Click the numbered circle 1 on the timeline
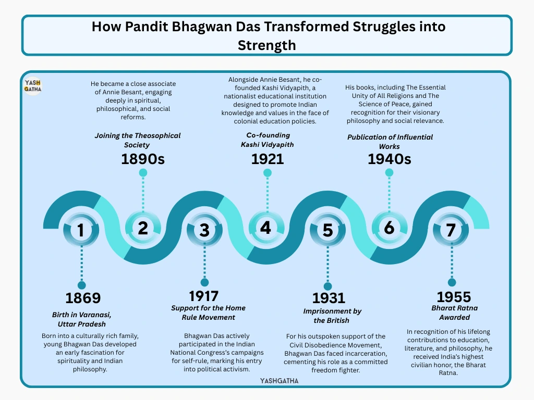(x=81, y=230)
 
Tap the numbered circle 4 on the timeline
(x=266, y=228)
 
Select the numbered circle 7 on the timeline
(x=451, y=230)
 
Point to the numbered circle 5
(x=327, y=230)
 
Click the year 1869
(x=83, y=298)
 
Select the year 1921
(x=268, y=159)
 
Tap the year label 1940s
(x=389, y=159)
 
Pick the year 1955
(x=454, y=297)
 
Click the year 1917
(x=204, y=296)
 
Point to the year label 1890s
(x=143, y=159)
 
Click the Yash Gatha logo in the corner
(x=33, y=86)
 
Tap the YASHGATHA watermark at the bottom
(x=280, y=381)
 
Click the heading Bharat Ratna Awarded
(x=454, y=312)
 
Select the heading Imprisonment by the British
(x=332, y=316)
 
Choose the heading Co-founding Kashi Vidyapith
(x=268, y=140)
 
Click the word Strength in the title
(x=266, y=45)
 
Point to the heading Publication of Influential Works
(x=390, y=142)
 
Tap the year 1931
(x=329, y=298)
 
